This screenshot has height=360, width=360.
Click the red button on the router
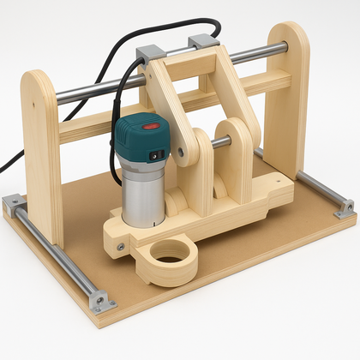(x=152, y=125)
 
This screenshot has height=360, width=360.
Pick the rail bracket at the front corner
(x=100, y=301)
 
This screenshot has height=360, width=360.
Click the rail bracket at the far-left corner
(x=13, y=204)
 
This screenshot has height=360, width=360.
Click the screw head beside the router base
(x=120, y=247)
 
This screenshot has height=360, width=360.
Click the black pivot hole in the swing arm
(x=182, y=152)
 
